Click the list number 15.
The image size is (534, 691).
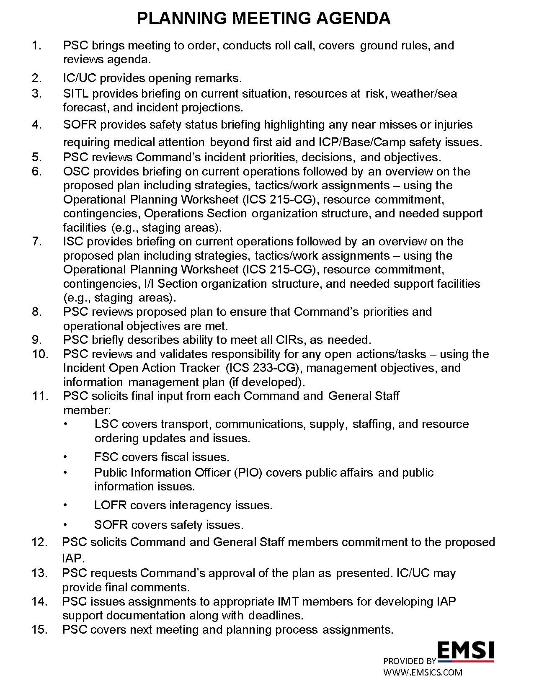[40, 630]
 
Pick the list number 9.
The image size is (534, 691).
[37, 340]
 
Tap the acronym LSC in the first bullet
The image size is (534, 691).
[106, 424]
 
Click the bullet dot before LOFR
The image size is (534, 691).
[65, 505]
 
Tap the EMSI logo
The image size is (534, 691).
[466, 650]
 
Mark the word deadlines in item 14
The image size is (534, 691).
[276, 616]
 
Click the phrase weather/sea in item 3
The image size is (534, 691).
[424, 93]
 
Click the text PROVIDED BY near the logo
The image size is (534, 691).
[410, 661]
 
